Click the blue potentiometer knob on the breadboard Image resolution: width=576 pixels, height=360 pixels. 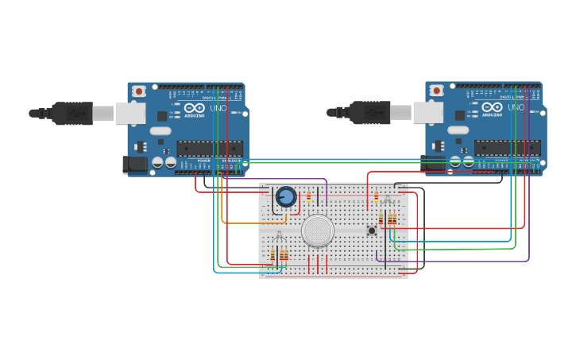[x=285, y=196]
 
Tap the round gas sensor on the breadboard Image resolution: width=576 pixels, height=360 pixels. [x=318, y=230]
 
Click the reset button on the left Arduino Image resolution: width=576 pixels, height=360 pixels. [x=139, y=91]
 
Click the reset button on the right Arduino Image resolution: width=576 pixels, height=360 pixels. [x=436, y=91]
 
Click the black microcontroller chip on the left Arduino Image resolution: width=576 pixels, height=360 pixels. [x=210, y=148]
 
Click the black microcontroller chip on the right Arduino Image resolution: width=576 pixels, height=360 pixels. [x=507, y=148]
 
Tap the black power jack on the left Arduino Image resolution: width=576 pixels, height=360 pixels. [x=135, y=165]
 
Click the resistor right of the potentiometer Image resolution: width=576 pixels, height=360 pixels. [x=308, y=196]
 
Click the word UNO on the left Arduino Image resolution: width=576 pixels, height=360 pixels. [x=218, y=108]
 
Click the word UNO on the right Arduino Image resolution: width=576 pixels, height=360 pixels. [x=516, y=108]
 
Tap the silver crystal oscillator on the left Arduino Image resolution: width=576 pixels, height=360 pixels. [x=160, y=131]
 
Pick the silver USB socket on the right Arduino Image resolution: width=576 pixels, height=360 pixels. [x=427, y=113]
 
